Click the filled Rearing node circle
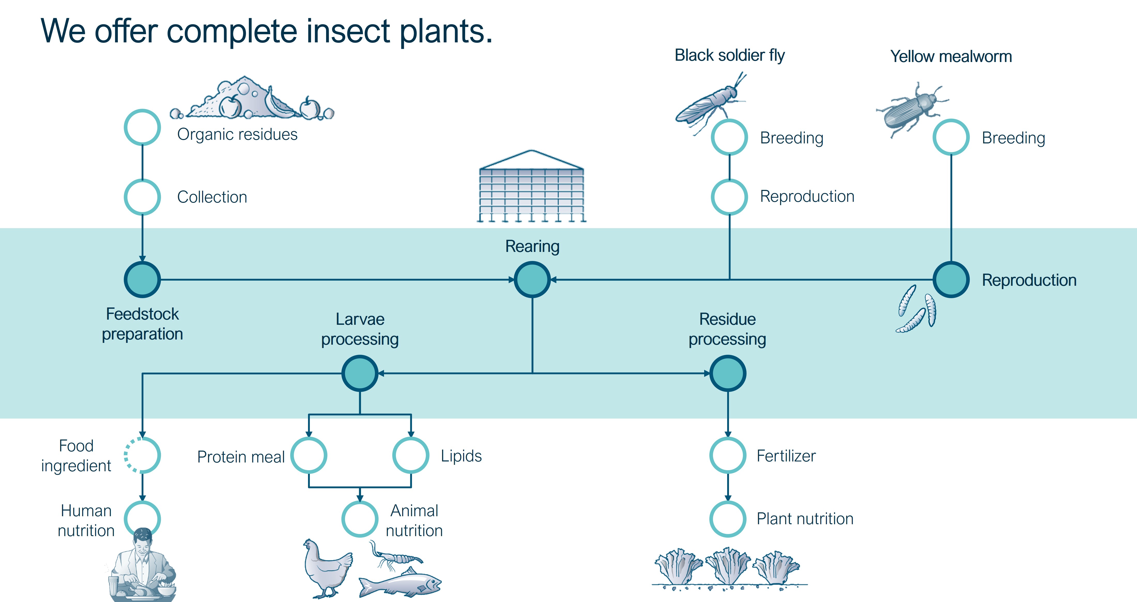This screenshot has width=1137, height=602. pos(532,279)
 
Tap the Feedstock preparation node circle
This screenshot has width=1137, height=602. pos(142,279)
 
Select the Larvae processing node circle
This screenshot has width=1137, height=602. pos(360,373)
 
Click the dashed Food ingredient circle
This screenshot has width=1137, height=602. pos(142,455)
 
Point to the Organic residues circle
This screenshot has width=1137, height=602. pos(142,127)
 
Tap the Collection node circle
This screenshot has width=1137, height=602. pos(142,197)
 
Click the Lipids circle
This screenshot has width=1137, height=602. pos(411,455)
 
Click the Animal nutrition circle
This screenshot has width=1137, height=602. pos(360,519)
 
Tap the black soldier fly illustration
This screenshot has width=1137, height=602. pos(708,104)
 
